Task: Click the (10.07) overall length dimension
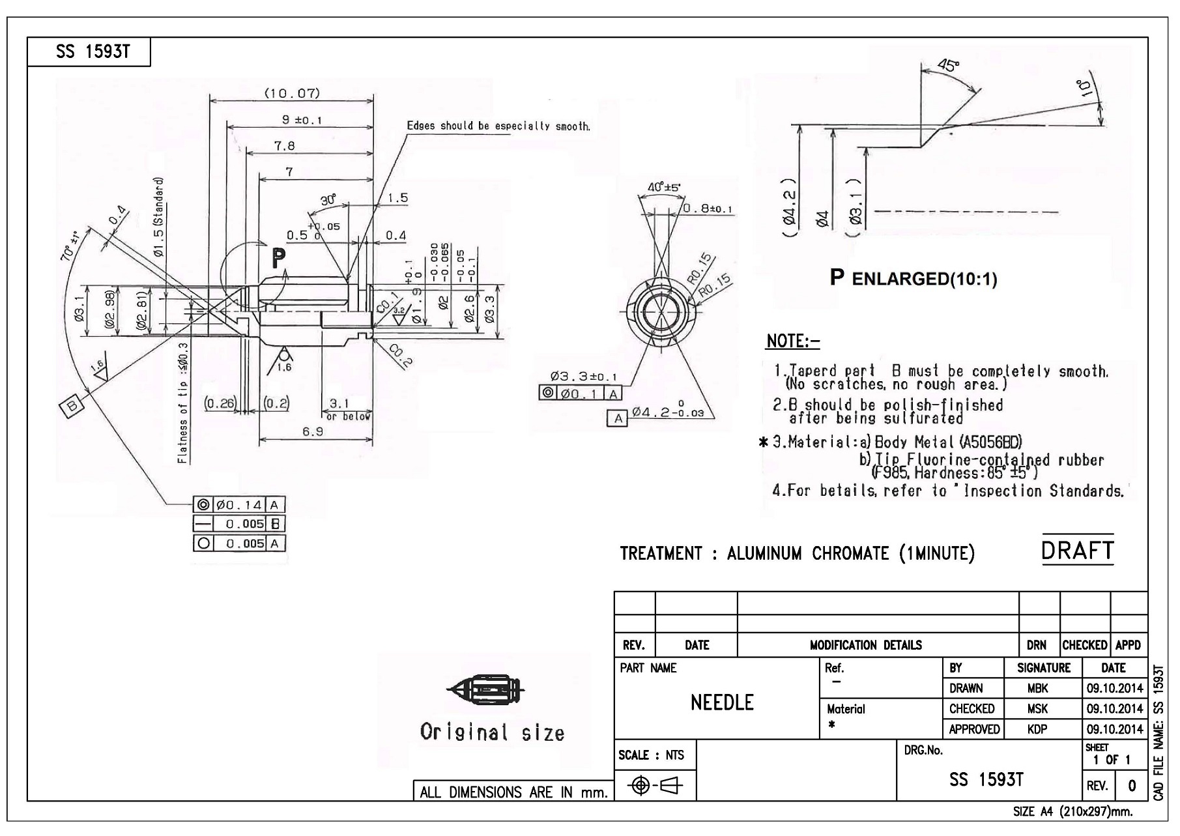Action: click(291, 93)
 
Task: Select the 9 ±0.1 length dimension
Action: click(302, 120)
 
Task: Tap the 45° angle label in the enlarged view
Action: click(948, 66)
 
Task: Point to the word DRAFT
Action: click(1077, 551)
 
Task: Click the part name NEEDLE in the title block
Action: click(722, 702)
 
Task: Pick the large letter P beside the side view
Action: click(278, 259)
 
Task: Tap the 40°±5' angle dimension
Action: click(663, 188)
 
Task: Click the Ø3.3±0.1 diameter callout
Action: click(583, 377)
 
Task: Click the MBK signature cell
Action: click(1037, 688)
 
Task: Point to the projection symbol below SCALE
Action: click(655, 786)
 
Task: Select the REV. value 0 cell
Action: click(1132, 786)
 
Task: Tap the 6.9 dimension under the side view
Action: click(313, 432)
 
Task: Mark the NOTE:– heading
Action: click(793, 341)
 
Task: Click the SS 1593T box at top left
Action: click(89, 52)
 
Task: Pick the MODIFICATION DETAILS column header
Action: click(865, 645)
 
